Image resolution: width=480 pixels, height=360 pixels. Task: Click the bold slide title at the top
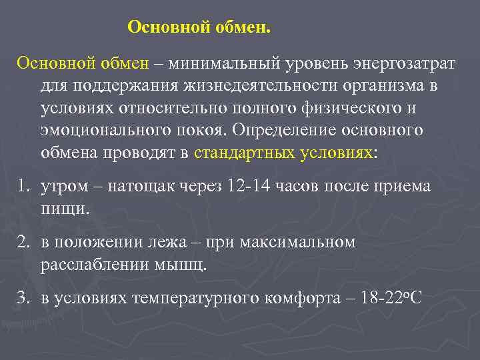199,27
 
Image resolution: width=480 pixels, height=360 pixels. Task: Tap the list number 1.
23,186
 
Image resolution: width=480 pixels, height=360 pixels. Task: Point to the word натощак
137,186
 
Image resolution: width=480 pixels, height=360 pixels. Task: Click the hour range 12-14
247,186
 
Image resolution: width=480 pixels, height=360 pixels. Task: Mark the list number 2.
23,241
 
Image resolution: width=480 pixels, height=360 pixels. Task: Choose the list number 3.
23,297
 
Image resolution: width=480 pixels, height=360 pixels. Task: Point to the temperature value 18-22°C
391,297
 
